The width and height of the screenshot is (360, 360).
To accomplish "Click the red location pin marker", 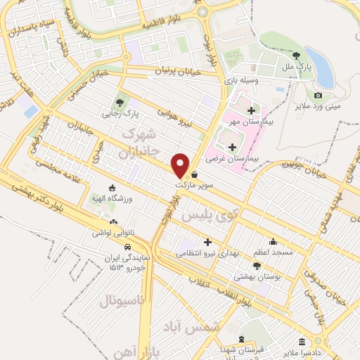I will tap(181, 165).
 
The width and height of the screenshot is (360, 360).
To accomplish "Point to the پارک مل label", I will tap(297, 67).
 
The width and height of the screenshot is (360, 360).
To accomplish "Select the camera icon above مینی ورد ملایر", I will tap(318, 95).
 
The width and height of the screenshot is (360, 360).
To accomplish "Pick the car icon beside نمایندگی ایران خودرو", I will tap(127, 247).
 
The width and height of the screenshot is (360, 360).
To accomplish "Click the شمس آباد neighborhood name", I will tap(218, 328).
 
